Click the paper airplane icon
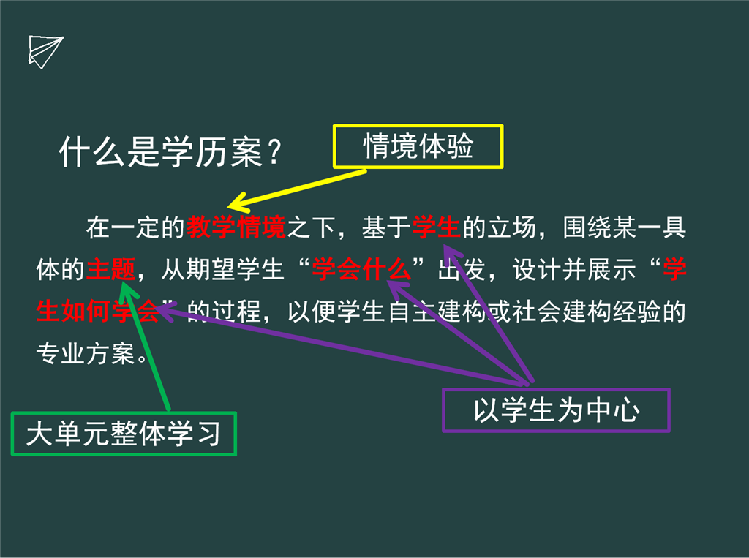pyautogui.click(x=45, y=52)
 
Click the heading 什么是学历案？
pyautogui.click(x=170, y=152)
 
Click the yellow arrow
pyautogui.click(x=297, y=189)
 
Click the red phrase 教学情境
pyautogui.click(x=236, y=227)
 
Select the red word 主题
pyautogui.click(x=111, y=269)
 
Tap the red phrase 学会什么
pyautogui.click(x=361, y=269)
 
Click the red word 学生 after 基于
pyautogui.click(x=437, y=227)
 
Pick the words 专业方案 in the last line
pyautogui.click(x=86, y=353)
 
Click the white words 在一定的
pyautogui.click(x=135, y=227)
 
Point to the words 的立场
pyautogui.click(x=499, y=227)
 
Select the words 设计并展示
pyautogui.click(x=574, y=269)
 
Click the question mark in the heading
pyautogui.click(x=274, y=152)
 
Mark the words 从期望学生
pyautogui.click(x=223, y=269)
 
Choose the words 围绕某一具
pyautogui.click(x=625, y=227)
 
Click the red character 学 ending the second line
pyautogui.click(x=674, y=269)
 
